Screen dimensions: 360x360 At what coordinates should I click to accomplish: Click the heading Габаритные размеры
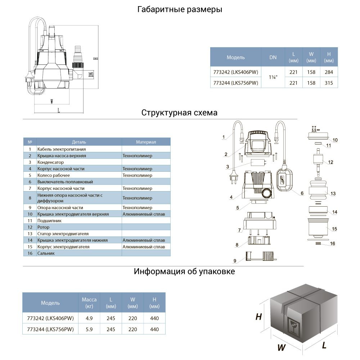point(180,10)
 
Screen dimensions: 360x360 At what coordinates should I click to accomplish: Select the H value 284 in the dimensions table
point(329,72)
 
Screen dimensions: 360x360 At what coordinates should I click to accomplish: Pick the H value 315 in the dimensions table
point(329,83)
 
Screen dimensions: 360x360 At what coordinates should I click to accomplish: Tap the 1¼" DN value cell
point(273,77)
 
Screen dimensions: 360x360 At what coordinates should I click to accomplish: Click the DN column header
point(273,57)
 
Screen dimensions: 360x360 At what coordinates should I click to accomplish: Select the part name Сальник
point(46,253)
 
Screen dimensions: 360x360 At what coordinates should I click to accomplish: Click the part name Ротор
point(44,227)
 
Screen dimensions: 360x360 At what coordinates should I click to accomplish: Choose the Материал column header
point(146,142)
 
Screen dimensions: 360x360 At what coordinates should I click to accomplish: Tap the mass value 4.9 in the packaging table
point(89,318)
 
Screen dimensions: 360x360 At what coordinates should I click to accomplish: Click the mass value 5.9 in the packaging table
point(89,329)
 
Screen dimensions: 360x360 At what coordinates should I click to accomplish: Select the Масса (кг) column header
point(89,303)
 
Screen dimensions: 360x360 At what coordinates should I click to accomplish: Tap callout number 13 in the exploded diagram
point(333,194)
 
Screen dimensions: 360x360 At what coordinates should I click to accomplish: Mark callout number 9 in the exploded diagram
point(235,260)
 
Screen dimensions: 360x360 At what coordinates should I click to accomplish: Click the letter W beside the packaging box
point(282,348)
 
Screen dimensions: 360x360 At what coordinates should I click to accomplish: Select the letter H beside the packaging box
point(258,317)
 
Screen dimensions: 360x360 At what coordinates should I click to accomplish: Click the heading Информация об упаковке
point(184,271)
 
